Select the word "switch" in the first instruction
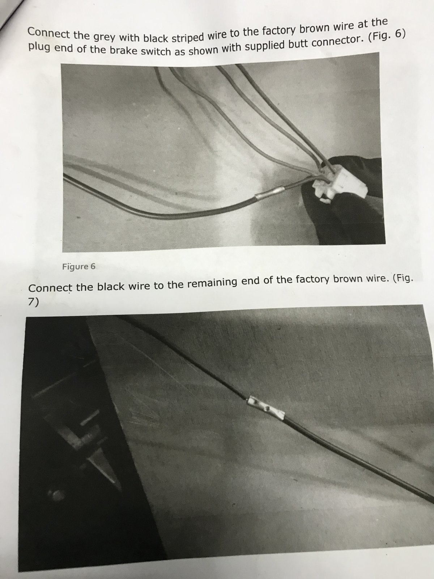[156, 51]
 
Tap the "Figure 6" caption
[79, 266]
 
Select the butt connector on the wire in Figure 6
[269, 193]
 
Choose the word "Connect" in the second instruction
[50, 287]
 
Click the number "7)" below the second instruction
[34, 303]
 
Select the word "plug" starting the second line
[39, 48]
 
